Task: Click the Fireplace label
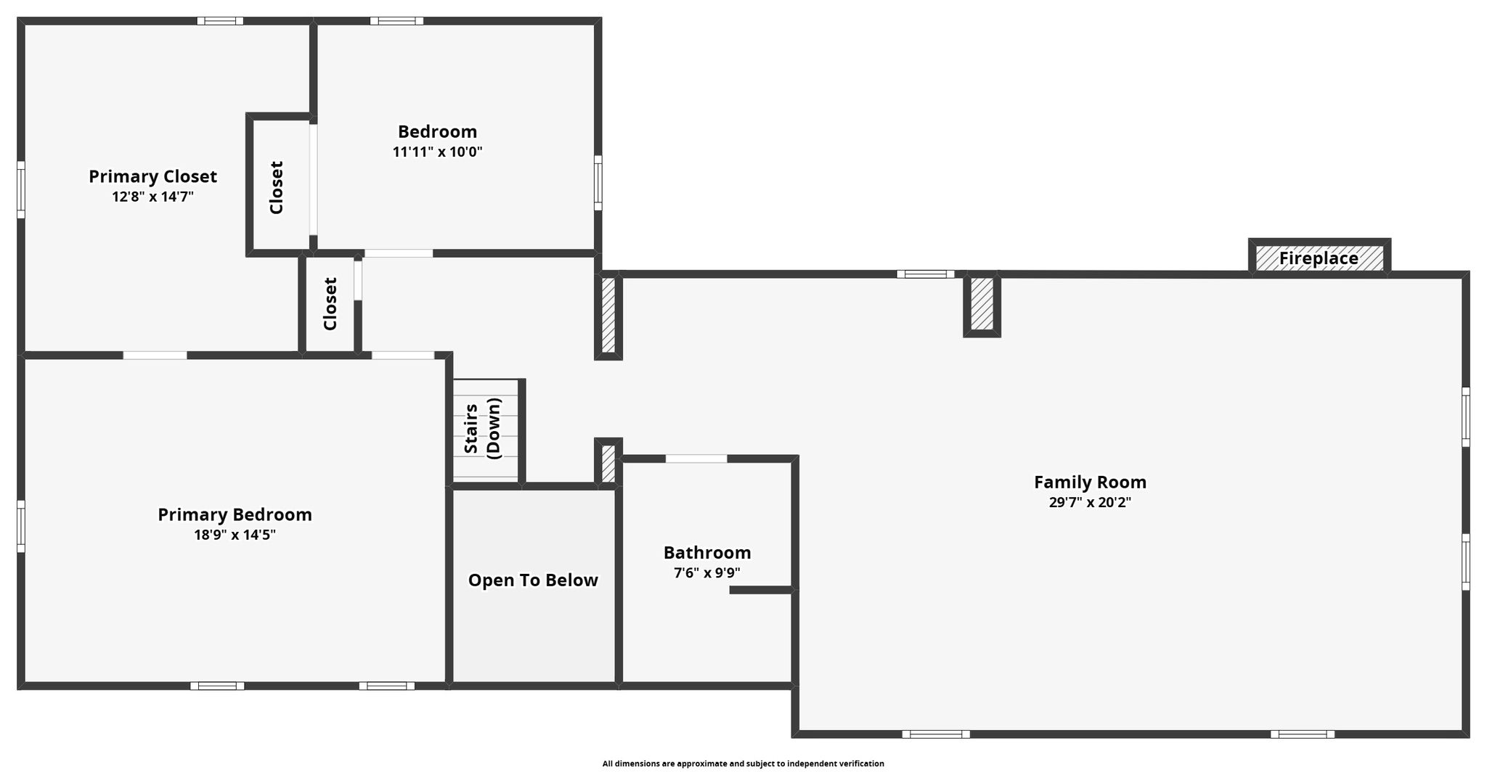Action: (1319, 258)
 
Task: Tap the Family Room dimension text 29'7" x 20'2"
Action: (1090, 502)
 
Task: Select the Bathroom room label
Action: (707, 552)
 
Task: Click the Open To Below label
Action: (533, 580)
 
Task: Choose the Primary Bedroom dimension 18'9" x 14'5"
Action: (235, 535)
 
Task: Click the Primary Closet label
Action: (152, 176)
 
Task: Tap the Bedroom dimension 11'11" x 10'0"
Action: (437, 152)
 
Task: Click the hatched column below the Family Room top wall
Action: (982, 304)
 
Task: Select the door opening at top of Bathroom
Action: (696, 459)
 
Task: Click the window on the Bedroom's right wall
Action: (598, 183)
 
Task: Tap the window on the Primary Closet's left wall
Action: (21, 189)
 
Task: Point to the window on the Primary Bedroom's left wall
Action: (21, 526)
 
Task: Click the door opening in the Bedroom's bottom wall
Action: (399, 253)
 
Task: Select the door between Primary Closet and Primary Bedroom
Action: (155, 356)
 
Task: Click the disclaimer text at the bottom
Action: (743, 763)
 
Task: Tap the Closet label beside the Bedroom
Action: (276, 187)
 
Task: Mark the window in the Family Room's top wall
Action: (926, 274)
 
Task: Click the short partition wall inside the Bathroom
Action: (762, 590)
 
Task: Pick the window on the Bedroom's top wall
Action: (396, 21)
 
